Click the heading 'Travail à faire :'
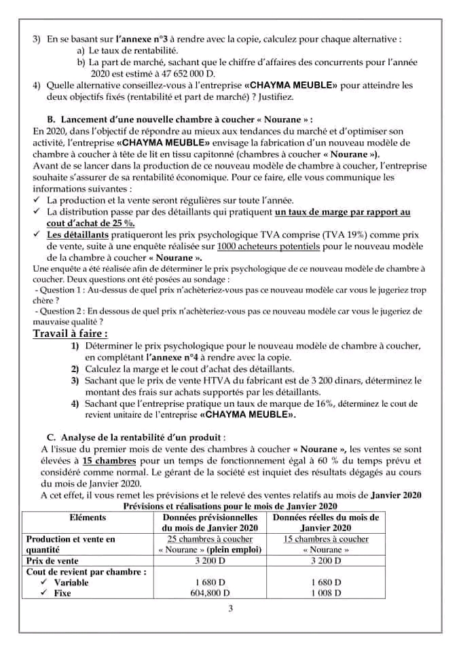[70, 333]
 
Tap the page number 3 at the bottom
[230, 608]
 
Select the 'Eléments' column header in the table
[88, 517]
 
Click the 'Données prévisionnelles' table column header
[210, 522]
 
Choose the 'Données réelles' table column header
[325, 522]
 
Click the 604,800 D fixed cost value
[210, 593]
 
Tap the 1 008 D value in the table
[325, 593]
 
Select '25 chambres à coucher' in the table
[210, 539]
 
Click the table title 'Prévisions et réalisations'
[229, 507]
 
